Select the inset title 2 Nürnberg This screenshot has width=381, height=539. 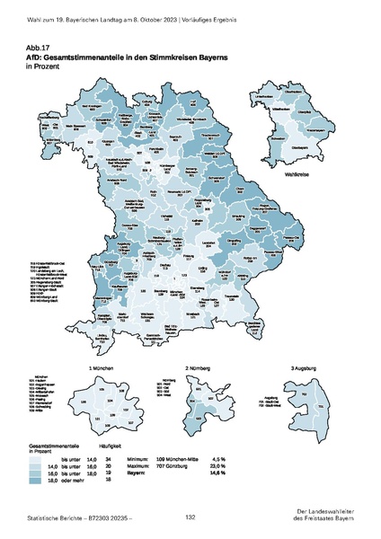coord(199,343)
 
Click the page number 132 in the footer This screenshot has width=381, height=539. coord(190,518)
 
